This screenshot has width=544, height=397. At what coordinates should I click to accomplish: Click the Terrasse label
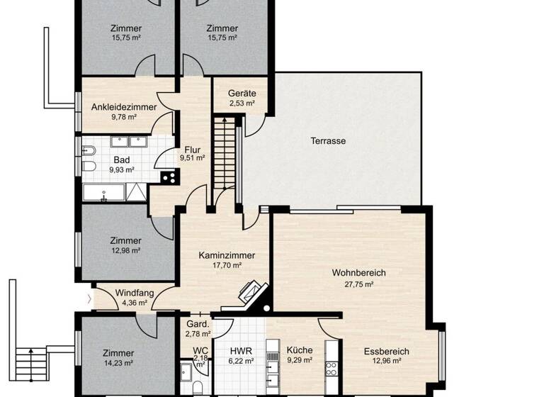click(327, 141)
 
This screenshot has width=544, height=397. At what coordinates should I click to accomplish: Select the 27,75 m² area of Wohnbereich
click(353, 284)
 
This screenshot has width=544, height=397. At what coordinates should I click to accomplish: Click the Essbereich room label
click(386, 351)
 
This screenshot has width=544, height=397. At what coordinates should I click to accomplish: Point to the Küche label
click(299, 350)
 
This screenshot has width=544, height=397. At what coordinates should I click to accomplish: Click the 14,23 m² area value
click(118, 363)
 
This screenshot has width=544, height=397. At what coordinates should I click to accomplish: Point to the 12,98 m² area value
click(126, 251)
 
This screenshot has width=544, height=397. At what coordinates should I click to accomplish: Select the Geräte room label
click(242, 94)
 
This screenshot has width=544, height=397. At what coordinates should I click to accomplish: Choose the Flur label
click(192, 150)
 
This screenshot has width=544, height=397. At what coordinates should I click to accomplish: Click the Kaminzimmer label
click(227, 255)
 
